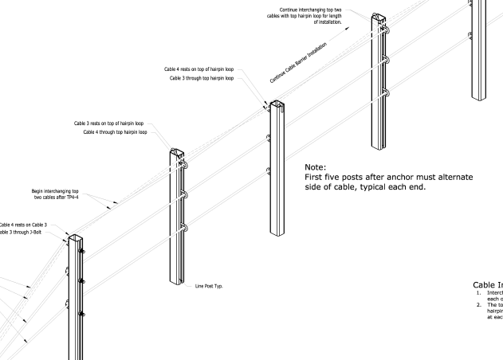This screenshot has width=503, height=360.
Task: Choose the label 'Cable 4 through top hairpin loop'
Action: point(115,131)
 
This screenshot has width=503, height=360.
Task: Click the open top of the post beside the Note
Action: point(277,104)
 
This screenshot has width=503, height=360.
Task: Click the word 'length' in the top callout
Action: point(322,18)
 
